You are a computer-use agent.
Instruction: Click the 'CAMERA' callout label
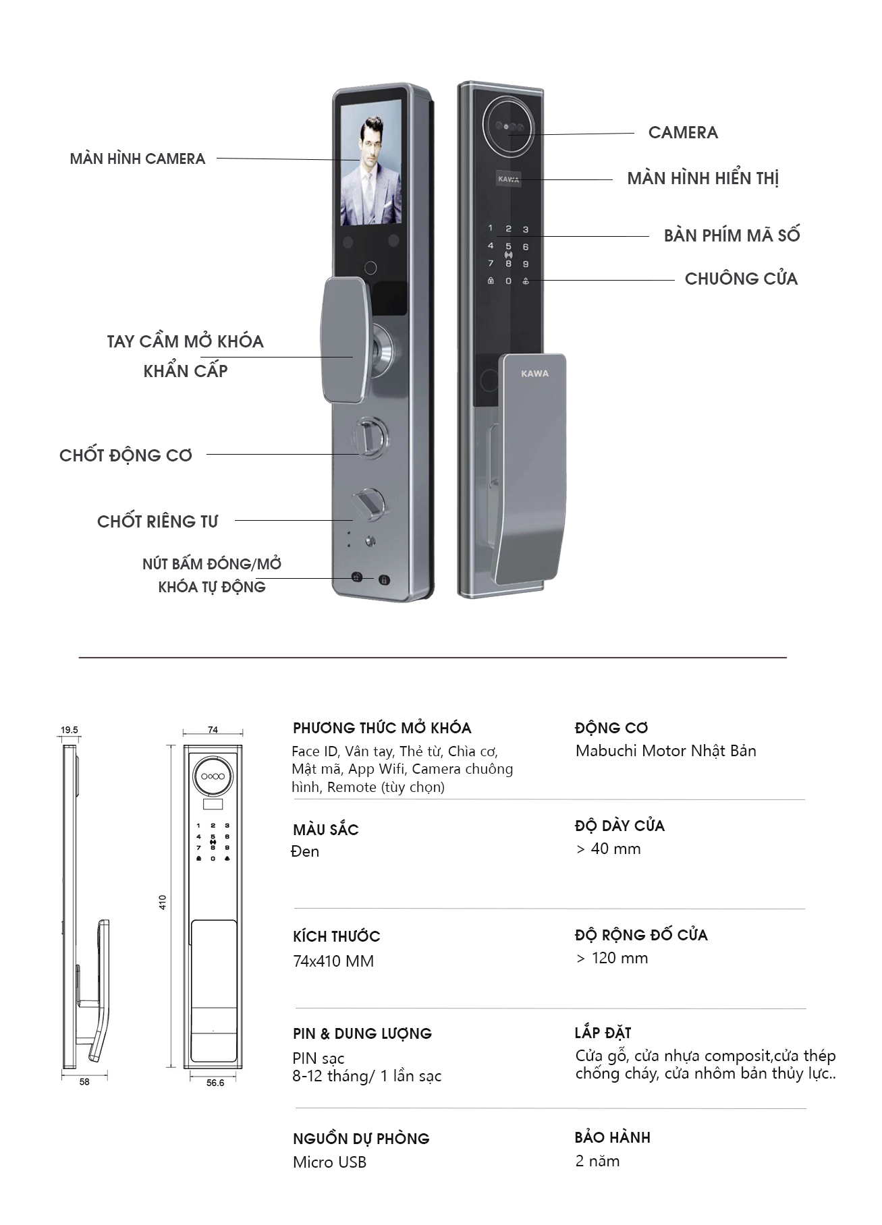(x=682, y=132)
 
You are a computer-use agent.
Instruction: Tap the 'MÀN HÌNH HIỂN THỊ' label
(x=702, y=179)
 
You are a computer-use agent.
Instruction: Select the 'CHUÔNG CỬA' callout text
(x=740, y=279)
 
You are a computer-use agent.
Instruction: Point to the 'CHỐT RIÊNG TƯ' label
(x=157, y=521)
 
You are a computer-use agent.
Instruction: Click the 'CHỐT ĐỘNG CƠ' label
(x=126, y=455)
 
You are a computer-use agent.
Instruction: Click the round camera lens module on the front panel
(x=509, y=125)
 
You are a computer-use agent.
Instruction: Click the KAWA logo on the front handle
(x=534, y=374)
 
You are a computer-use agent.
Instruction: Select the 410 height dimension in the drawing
(x=163, y=902)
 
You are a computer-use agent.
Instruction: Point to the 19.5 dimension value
(x=70, y=730)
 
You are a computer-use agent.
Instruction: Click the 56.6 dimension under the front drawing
(x=215, y=1083)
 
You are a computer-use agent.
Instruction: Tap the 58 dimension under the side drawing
(x=84, y=1081)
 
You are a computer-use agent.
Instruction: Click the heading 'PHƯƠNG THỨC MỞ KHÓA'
(x=382, y=729)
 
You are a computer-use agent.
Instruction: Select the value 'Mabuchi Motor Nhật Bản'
(x=665, y=751)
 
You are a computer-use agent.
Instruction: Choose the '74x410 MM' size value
(x=333, y=961)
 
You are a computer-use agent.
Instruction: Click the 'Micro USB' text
(x=329, y=1162)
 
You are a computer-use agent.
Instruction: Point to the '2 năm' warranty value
(x=597, y=1161)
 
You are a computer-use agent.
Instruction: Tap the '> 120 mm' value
(x=611, y=958)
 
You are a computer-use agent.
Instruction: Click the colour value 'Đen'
(x=305, y=851)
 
